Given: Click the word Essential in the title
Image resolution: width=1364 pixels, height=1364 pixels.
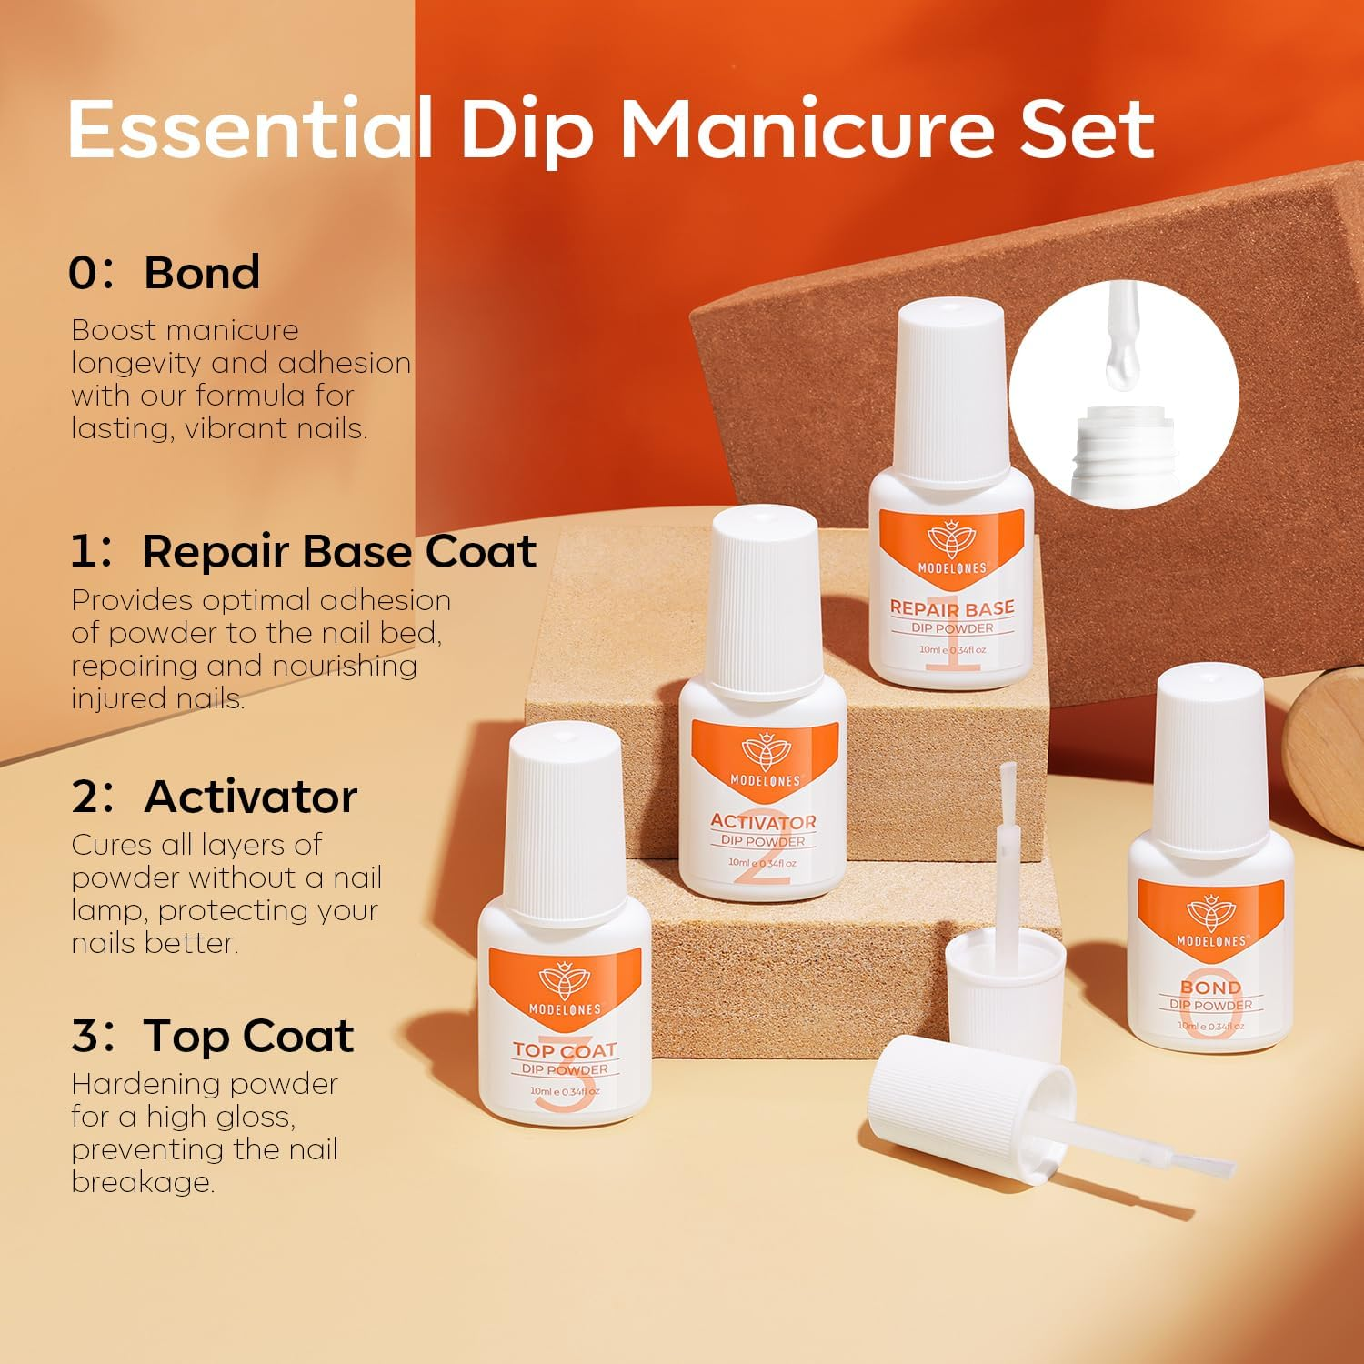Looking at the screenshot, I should [247, 130].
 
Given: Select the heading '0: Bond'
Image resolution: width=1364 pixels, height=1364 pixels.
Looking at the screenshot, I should [165, 273].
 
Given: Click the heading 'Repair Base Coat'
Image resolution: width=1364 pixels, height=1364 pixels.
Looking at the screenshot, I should [338, 551].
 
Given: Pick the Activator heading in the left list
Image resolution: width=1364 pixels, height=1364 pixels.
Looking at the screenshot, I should [250, 797].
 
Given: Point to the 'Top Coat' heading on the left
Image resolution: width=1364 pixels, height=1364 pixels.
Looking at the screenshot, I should [247, 1036].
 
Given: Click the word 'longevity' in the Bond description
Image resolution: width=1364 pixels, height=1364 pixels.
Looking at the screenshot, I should [137, 363].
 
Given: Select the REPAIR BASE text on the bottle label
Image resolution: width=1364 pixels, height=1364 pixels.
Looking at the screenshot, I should [951, 607].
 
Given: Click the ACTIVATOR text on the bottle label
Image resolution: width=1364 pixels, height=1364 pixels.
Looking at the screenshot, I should [763, 822].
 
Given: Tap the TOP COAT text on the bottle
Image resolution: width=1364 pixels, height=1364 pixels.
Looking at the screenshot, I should [565, 1050].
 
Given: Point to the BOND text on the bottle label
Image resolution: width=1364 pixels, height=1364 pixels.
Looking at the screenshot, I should [1209, 988].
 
